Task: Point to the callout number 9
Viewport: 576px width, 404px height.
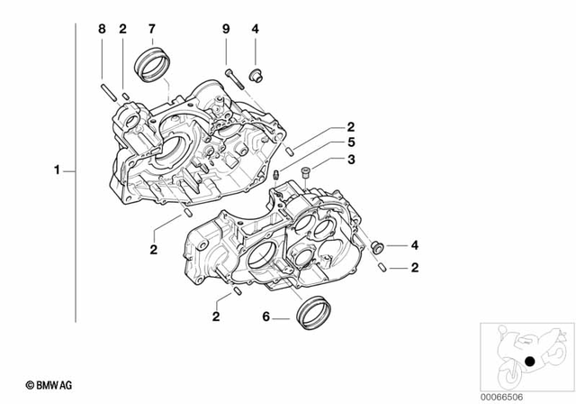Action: click(226, 29)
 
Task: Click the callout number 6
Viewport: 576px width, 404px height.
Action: click(265, 317)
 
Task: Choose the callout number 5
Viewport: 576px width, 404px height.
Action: click(353, 143)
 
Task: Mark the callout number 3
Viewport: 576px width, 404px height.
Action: click(353, 160)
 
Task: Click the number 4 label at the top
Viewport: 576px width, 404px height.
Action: click(256, 29)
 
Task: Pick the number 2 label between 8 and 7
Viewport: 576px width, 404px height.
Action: click(122, 29)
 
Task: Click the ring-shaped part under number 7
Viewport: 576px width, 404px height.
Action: click(150, 65)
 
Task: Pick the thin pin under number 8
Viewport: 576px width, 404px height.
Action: click(104, 91)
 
